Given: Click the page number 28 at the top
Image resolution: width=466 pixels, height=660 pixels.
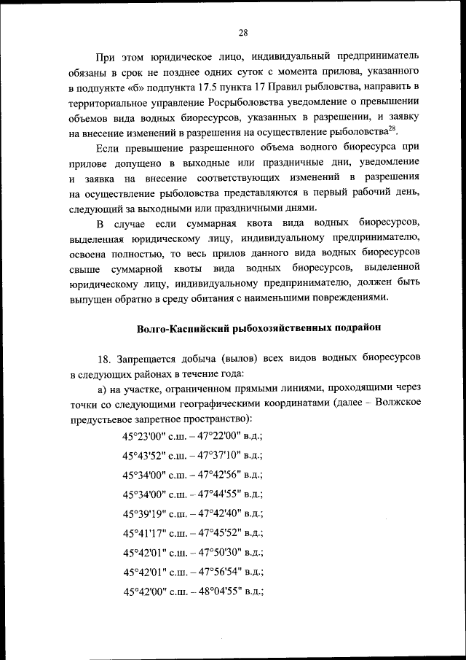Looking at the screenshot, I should (x=243, y=31).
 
